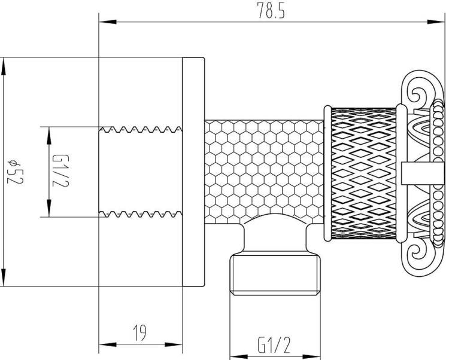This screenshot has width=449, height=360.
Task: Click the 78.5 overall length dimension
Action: [271, 11]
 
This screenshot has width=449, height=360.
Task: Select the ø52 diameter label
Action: [14, 172]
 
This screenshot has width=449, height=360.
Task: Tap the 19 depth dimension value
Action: [140, 332]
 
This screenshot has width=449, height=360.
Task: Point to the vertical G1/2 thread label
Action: [60, 170]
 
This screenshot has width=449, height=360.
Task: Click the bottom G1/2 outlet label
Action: [274, 345]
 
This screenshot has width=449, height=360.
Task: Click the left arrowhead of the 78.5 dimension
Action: [108, 22]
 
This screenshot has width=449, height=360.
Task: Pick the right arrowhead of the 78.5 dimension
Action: [436, 22]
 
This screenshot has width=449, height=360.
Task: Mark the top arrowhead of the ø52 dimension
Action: [3, 66]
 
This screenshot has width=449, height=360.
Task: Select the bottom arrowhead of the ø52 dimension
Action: [3, 277]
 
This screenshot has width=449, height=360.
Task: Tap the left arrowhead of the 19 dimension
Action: [108, 344]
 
